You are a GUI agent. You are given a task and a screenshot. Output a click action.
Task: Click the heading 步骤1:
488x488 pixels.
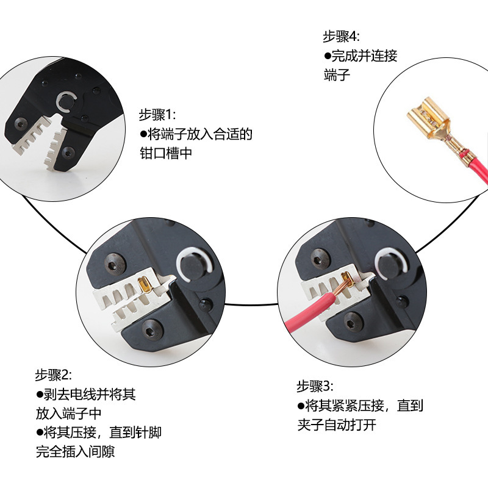pyautogui.click(x=157, y=115)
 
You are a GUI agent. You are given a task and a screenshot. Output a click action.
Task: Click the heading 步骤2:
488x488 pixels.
pyautogui.click(x=53, y=375)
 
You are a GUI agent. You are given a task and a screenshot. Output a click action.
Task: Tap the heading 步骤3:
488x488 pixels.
pyautogui.click(x=315, y=386)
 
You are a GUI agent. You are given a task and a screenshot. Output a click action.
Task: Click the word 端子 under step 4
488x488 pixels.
pyautogui.click(x=337, y=76)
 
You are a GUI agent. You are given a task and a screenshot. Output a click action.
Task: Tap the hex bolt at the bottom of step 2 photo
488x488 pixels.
pyautogui.click(x=149, y=332)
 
